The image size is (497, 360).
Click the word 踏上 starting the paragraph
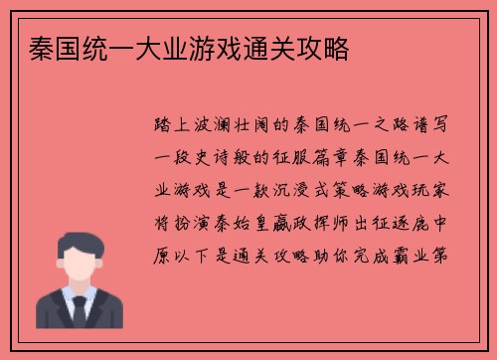click(x=168, y=128)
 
